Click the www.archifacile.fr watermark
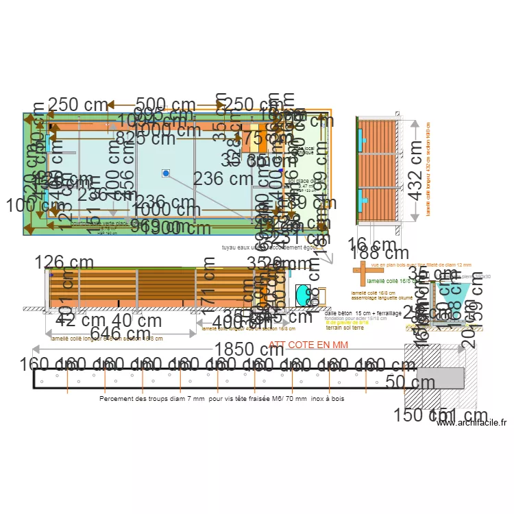474,423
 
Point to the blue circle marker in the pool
165,173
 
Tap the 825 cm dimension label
145,139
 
